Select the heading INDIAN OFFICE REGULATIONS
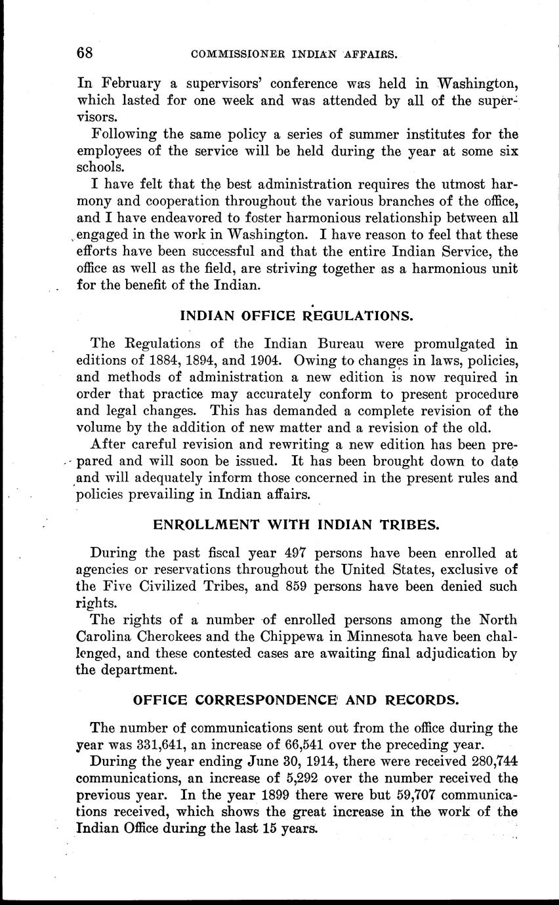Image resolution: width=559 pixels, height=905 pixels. (297, 315)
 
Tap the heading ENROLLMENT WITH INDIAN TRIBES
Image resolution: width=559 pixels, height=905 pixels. (296, 525)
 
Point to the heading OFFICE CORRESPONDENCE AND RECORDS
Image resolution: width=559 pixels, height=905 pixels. (296, 699)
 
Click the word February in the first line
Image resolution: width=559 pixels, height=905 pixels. (130, 84)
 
